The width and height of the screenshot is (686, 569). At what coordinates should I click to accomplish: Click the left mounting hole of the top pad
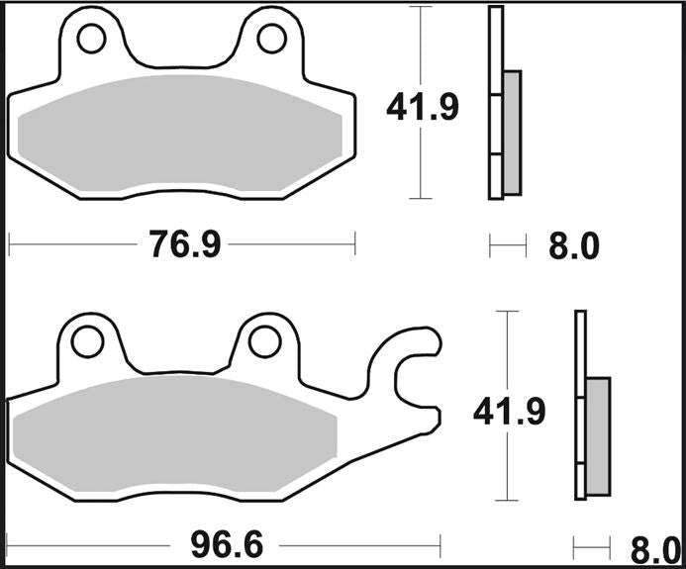92,39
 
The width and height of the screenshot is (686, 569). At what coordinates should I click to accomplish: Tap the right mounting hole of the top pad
271,39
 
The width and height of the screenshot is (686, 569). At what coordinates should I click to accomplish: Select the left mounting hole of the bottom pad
86,341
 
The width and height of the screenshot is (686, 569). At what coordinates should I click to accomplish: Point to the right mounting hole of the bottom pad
264,341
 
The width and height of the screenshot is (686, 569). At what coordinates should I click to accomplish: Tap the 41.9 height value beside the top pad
422,106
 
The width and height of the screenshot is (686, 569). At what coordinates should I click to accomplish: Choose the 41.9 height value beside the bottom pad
509,411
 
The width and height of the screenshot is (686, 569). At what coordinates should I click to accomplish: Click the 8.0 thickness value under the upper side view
574,245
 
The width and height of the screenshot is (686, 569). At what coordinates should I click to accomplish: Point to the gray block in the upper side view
512,132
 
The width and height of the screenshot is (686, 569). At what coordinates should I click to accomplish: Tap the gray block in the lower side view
598,435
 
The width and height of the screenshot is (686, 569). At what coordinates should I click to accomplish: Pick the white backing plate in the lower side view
581,406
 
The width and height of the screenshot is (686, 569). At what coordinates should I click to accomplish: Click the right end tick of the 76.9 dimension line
354,243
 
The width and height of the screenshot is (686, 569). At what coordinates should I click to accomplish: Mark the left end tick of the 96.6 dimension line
8,543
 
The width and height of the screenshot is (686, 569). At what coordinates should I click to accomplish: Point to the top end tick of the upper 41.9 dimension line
422,7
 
